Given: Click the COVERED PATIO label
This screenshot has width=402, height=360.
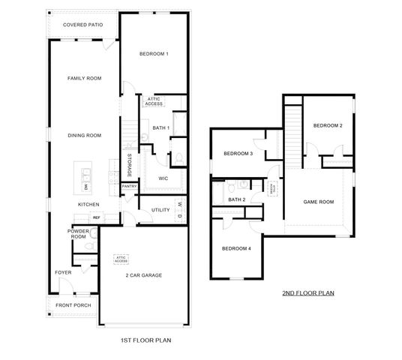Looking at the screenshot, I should coord(83,25).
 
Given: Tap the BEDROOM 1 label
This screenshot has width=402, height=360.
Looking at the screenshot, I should coord(154,54).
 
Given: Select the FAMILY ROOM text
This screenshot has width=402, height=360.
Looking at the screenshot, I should coord(84,78).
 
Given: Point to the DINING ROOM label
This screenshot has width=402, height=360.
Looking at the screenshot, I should coord(84,135).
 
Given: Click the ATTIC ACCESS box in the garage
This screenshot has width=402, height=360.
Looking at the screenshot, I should coord(121,259).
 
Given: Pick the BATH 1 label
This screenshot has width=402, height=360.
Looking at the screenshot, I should coord(160,128).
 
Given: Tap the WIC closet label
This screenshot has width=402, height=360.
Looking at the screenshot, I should coord(163,178).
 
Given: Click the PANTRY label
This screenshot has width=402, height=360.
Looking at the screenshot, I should coord(129,186).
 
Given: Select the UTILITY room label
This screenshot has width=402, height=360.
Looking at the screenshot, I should coord(160,211).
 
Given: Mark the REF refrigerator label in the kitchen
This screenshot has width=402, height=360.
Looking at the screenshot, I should coord(97,217).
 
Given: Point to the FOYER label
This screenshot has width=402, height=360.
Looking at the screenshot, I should coord(62,272).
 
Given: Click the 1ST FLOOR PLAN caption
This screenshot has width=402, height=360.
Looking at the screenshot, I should coord(146,340).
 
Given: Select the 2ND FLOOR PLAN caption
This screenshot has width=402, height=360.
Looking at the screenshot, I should coord(307,293).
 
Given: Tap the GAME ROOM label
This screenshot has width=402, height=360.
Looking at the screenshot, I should coord(317,202).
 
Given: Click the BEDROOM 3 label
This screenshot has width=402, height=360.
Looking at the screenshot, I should coord(238,154).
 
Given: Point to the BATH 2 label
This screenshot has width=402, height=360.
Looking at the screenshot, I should coord(237,199).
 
